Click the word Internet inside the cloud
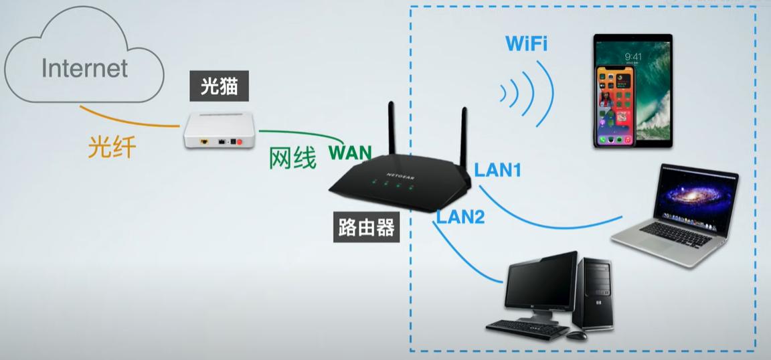(x=84, y=68)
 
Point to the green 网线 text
(x=292, y=158)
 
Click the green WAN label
(x=349, y=153)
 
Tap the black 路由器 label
(x=365, y=228)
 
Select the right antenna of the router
(x=462, y=137)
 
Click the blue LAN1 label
(x=498, y=170)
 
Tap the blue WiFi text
(x=527, y=45)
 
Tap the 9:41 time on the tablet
(x=634, y=57)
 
